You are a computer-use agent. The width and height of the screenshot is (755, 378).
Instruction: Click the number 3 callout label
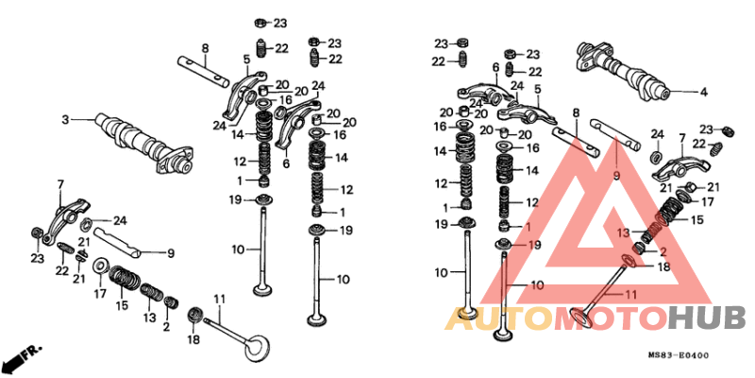tap(65, 119)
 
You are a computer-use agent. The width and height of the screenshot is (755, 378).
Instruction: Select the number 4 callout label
tap(703, 92)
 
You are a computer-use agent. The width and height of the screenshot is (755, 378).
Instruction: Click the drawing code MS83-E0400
tap(678, 356)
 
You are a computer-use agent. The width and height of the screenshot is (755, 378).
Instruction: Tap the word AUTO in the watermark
tap(500, 319)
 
